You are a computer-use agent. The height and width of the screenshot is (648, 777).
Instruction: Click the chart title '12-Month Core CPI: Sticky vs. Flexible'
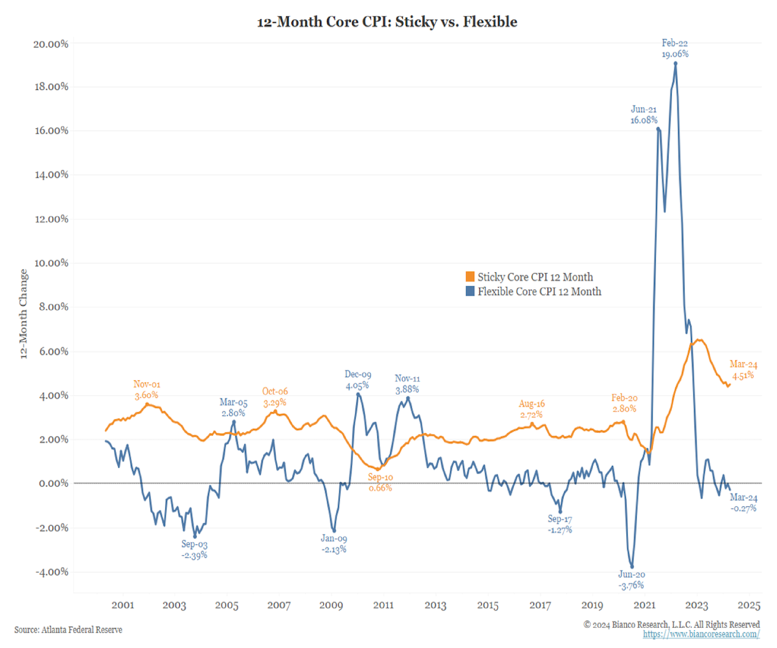(x=387, y=22)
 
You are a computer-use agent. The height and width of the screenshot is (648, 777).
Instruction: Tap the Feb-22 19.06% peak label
(x=675, y=49)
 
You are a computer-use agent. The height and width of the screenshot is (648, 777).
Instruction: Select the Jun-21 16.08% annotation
(x=644, y=115)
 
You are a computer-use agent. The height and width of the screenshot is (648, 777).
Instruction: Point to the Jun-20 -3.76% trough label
(x=631, y=580)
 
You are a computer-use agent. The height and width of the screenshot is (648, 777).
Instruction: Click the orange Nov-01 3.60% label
(x=146, y=389)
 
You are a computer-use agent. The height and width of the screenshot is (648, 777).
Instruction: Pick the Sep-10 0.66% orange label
(x=379, y=482)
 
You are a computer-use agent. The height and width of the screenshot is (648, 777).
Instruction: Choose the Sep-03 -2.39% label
(x=194, y=550)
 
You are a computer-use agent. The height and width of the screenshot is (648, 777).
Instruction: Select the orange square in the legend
(x=471, y=277)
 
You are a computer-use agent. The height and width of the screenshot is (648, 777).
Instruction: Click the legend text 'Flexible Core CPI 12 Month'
(x=539, y=292)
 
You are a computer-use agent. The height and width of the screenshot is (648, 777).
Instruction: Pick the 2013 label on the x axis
(x=435, y=606)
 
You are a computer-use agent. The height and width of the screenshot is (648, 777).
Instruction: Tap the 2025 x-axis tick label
(x=749, y=606)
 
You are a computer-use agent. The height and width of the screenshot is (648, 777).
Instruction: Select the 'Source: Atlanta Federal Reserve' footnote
(x=68, y=629)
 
